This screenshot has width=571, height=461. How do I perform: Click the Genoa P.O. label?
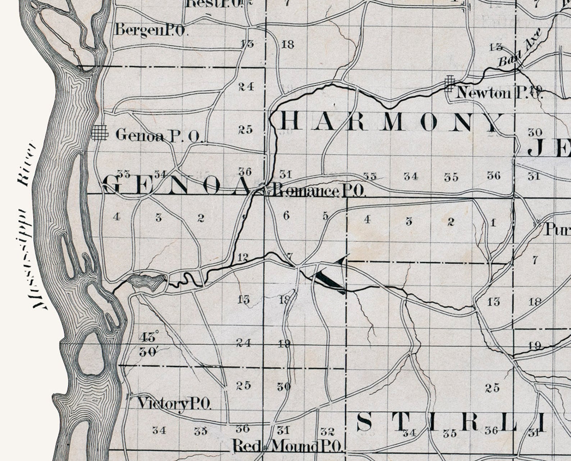[160, 136]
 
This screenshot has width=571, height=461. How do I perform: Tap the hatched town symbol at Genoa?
[100, 132]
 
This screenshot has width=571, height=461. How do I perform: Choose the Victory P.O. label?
[174, 404]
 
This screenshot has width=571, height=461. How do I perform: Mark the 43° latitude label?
[149, 338]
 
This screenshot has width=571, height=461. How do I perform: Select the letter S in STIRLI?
[365, 422]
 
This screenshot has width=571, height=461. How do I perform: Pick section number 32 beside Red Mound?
[327, 431]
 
